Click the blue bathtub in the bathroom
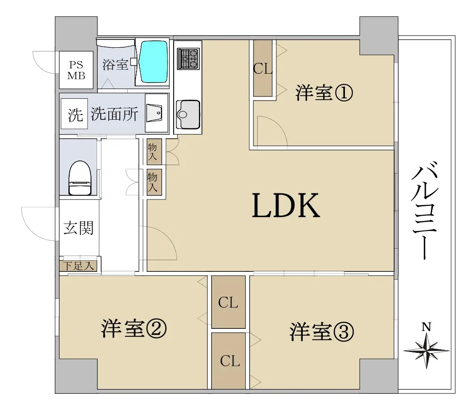click(x=153, y=62)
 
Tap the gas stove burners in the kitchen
click(x=189, y=58)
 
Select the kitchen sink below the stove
click(x=189, y=115)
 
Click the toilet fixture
click(x=80, y=178)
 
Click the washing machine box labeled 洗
click(x=74, y=114)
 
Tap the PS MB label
click(x=76, y=70)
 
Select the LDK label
click(x=286, y=205)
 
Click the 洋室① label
click(x=324, y=93)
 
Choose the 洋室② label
click(x=134, y=329)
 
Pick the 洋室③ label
click(x=321, y=332)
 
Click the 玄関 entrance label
click(x=78, y=228)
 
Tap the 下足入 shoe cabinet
click(x=79, y=266)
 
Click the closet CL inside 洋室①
click(x=263, y=68)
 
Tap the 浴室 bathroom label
click(x=115, y=64)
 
